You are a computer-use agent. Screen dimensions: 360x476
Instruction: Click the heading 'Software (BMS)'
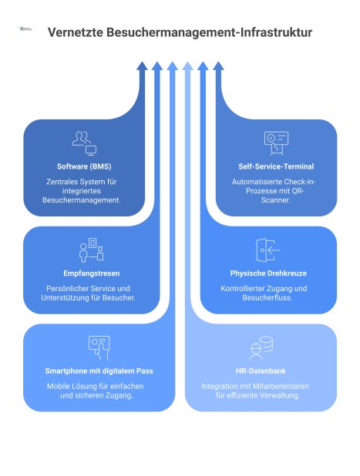[x=84, y=166]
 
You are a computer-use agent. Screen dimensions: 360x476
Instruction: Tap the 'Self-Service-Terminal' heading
[x=276, y=166]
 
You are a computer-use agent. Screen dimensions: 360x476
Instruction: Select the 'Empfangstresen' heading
[x=92, y=273]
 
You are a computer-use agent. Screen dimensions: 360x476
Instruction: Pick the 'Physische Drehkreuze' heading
[x=268, y=273]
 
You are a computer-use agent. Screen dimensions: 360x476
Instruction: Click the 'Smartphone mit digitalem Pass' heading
[x=99, y=370]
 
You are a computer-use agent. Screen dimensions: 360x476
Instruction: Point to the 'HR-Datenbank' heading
[x=261, y=370]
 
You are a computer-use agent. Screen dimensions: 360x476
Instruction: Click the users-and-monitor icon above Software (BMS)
[x=84, y=143]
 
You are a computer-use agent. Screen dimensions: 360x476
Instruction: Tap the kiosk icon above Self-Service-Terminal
[x=276, y=143]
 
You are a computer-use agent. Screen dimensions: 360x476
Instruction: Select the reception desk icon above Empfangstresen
[x=92, y=250]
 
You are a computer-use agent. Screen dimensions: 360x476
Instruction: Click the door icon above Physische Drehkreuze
[x=268, y=250]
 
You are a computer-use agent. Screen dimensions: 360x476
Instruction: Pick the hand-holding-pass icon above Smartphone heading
[x=99, y=347]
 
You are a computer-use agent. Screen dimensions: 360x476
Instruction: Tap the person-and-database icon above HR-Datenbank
[x=261, y=347]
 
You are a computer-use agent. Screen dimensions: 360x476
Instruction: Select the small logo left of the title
[x=25, y=28]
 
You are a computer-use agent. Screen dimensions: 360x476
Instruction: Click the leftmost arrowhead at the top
[x=142, y=66]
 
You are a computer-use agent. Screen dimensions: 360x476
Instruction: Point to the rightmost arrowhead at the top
[x=218, y=66]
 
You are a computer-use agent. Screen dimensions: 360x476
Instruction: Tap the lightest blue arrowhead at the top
[x=188, y=66]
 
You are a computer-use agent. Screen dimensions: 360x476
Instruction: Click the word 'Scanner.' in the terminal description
[x=276, y=200]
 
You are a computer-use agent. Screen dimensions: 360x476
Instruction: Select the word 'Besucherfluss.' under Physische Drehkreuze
[x=267, y=298]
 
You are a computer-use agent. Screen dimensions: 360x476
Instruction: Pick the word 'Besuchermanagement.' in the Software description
[x=82, y=200]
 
